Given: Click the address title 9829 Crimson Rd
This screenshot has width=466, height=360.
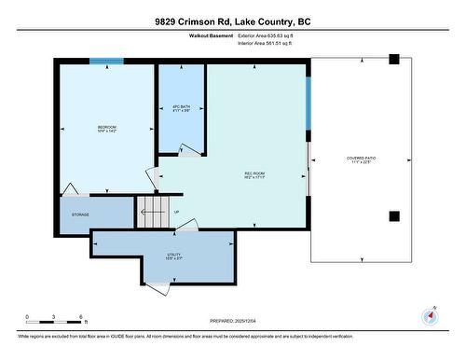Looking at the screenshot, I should [x=232, y=21].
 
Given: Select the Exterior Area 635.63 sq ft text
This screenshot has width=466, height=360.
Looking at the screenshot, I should [x=271, y=35].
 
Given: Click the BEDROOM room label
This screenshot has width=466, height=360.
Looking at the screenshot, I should [x=108, y=128].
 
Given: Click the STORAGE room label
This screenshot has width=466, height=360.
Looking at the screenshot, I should [x=81, y=215].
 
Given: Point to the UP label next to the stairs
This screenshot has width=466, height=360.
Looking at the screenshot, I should [x=177, y=212].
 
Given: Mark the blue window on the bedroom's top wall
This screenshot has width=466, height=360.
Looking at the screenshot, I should [x=106, y=62].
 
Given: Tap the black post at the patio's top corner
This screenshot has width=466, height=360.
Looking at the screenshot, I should [x=393, y=60].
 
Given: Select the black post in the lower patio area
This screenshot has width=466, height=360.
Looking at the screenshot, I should [x=393, y=216].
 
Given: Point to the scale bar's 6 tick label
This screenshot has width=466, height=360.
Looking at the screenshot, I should [x=82, y=317].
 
